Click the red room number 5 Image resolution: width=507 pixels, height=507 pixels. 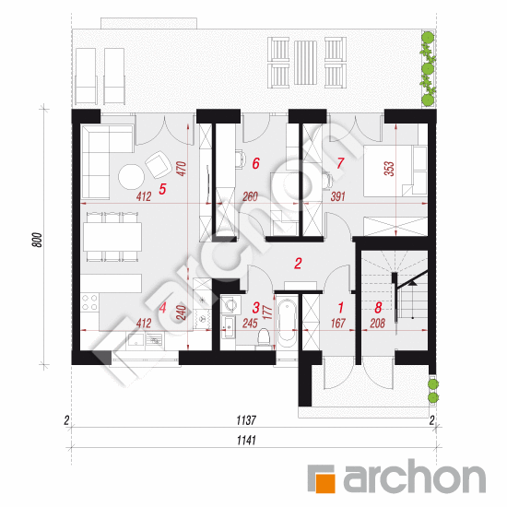pyautogui.click(x=162, y=189)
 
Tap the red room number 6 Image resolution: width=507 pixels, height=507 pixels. pyautogui.click(x=255, y=163)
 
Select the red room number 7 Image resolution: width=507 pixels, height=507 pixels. pyautogui.click(x=340, y=163)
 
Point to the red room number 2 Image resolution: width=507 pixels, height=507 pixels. pyautogui.click(x=298, y=264)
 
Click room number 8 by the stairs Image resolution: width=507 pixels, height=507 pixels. pyautogui.click(x=378, y=308)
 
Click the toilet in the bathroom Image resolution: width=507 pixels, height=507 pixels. pyautogui.click(x=265, y=337)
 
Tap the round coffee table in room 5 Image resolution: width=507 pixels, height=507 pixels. pyautogui.click(x=131, y=177)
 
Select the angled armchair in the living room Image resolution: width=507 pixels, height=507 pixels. pyautogui.click(x=159, y=165)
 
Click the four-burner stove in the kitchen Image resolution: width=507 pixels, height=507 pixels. pyautogui.click(x=89, y=302)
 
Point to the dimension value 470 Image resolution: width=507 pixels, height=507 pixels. pyautogui.click(x=182, y=169)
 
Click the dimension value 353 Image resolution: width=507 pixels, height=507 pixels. pyautogui.click(x=389, y=169)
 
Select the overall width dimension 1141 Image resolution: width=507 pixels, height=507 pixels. pyautogui.click(x=246, y=441)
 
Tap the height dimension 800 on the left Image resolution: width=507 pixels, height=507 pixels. pyautogui.click(x=38, y=240)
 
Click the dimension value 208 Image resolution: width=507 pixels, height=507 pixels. pyautogui.click(x=377, y=323)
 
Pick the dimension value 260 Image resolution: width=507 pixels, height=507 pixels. pyautogui.click(x=250, y=196)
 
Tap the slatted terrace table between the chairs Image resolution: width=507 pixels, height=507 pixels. pyautogui.click(x=305, y=63)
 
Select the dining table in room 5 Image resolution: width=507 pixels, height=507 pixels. pyautogui.click(x=112, y=237)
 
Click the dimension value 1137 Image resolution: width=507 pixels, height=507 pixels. pyautogui.click(x=246, y=420)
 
